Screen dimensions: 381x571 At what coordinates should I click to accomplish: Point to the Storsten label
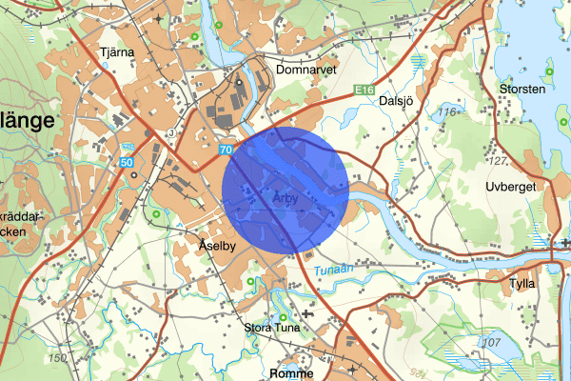click(x=522, y=90)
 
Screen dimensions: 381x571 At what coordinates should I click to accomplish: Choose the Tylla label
click(x=522, y=283)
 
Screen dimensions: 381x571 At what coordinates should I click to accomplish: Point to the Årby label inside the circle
click(x=285, y=198)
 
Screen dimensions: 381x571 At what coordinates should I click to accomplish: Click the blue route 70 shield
click(x=226, y=150)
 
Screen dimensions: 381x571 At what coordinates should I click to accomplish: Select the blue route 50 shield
click(x=128, y=165)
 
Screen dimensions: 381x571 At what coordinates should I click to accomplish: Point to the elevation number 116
click(x=448, y=113)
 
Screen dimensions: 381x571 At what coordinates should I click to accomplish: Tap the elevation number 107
click(x=491, y=342)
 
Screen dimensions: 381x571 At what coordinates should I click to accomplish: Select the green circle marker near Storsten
click(x=548, y=73)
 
